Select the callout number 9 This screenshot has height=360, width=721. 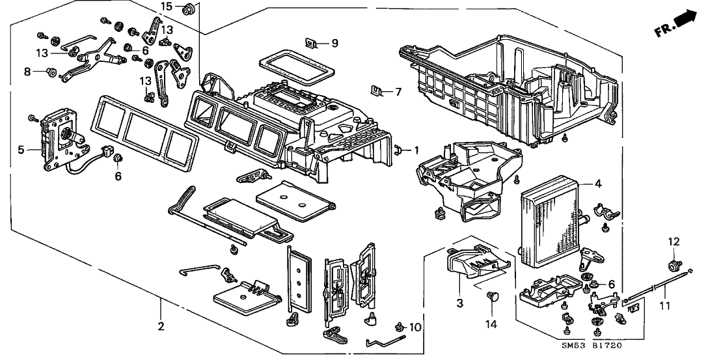(x=335, y=44)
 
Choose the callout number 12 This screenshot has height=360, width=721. (x=674, y=242)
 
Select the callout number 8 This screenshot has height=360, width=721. (x=28, y=72)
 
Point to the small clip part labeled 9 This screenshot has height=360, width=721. (x=312, y=44)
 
